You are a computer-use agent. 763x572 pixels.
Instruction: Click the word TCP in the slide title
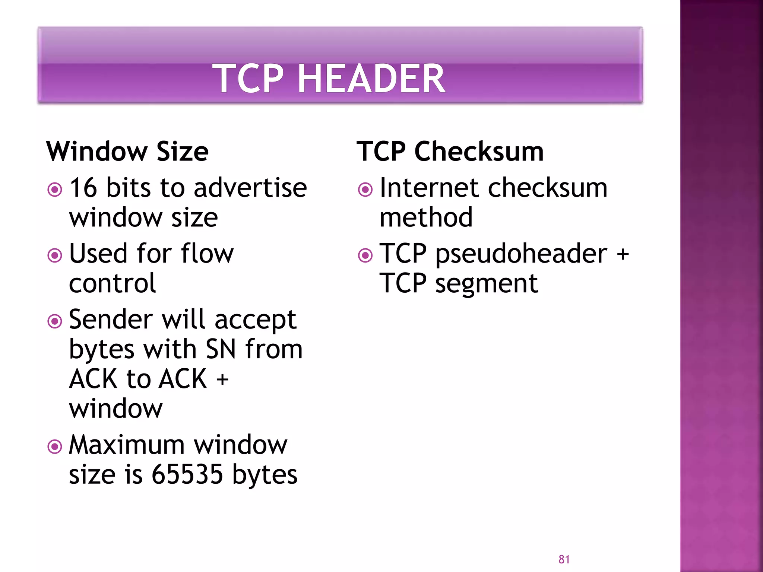point(247,79)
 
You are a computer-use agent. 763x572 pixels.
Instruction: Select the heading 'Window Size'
point(127,152)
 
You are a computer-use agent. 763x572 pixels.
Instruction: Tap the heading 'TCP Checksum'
point(450,152)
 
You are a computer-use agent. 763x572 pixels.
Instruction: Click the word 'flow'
point(207,254)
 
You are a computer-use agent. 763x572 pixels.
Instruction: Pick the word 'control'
point(112,283)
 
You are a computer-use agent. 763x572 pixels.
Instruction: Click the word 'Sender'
point(111,320)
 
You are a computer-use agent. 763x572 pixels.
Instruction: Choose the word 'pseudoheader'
point(521,254)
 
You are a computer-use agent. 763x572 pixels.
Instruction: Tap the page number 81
point(564,559)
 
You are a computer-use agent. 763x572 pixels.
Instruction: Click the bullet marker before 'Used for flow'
point(55,255)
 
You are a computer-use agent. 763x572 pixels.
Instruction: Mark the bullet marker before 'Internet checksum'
point(365,190)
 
